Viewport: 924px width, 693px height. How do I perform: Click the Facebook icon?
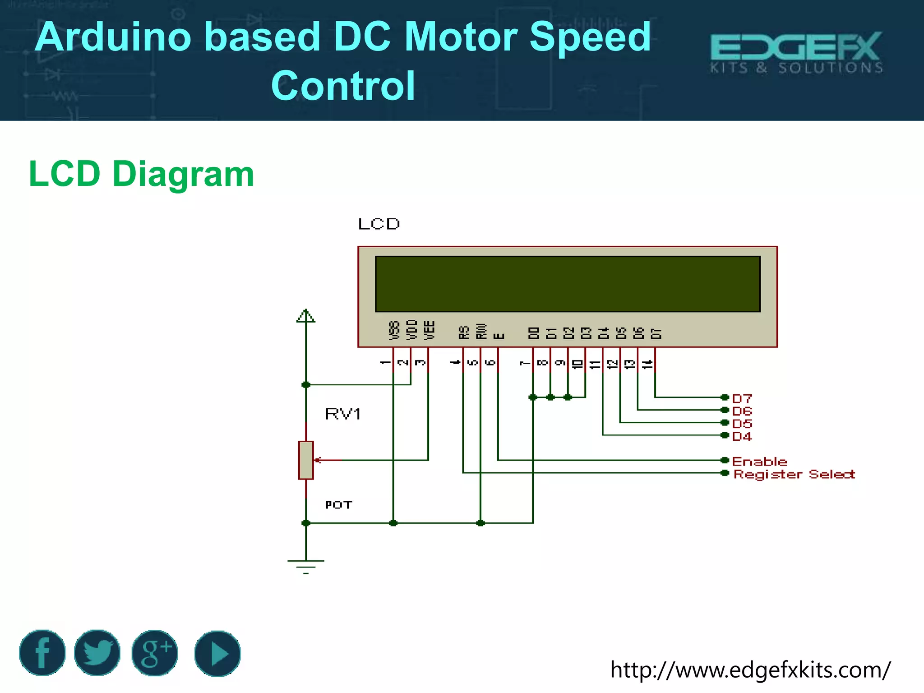42,653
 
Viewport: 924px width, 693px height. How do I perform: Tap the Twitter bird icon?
97,653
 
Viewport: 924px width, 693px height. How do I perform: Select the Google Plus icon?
155,653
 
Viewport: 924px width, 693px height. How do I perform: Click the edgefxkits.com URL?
750,670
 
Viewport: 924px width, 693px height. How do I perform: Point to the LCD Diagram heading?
141,174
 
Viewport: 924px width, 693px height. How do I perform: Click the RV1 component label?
343,414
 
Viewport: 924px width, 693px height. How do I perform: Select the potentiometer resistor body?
306,460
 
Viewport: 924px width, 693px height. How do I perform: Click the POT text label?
338,505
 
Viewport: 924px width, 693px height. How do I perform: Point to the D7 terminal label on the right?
742,398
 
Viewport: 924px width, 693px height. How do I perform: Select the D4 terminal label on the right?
742,436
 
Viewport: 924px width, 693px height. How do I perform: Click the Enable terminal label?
759,462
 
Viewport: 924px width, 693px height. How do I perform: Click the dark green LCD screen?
568,284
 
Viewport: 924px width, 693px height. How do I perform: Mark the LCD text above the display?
379,224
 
